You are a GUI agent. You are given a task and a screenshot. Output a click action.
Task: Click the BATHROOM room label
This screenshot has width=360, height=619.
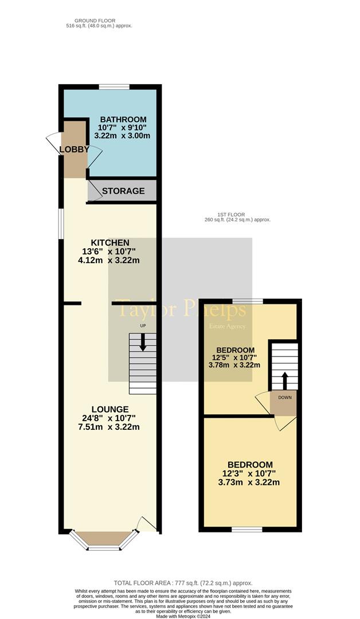(x=123, y=119)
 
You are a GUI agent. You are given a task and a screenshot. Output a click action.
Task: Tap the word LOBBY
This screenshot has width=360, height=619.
(x=74, y=149)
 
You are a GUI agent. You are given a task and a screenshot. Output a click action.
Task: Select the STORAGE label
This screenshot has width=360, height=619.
(x=123, y=191)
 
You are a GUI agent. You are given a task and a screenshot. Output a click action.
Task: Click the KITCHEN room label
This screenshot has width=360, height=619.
(x=110, y=243)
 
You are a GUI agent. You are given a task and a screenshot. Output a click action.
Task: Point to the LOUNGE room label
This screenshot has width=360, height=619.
(x=110, y=409)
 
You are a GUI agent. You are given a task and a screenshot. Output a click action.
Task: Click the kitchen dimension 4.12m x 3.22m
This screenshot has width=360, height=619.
(x=109, y=261)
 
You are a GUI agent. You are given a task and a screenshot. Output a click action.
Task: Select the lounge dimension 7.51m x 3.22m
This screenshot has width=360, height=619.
(x=109, y=427)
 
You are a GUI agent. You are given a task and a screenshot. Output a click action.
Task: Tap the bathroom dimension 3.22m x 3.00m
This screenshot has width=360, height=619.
(x=122, y=136)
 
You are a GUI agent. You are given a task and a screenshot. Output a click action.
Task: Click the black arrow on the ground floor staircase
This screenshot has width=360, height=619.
(x=143, y=342)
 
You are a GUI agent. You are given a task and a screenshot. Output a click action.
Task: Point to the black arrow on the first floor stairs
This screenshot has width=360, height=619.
(x=284, y=381)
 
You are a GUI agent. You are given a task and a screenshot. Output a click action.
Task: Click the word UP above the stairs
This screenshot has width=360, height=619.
(x=143, y=326)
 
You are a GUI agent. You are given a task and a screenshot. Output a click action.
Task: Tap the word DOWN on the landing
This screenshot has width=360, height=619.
(x=285, y=397)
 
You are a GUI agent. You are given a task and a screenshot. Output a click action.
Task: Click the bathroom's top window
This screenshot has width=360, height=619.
(x=114, y=87)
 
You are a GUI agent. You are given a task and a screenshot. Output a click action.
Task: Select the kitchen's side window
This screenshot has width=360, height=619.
(x=61, y=224)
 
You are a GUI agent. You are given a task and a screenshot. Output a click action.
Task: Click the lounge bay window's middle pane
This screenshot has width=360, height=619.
(x=104, y=548)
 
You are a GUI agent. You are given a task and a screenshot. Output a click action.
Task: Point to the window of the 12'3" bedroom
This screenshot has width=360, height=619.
(x=246, y=530)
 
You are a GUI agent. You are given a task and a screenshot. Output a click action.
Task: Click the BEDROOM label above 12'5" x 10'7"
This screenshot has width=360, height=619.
(x=235, y=350)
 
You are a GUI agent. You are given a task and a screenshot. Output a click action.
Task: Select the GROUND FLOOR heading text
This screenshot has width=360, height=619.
(x=95, y=21)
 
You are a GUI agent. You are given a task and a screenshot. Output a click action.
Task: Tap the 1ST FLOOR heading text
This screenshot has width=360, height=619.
(x=230, y=215)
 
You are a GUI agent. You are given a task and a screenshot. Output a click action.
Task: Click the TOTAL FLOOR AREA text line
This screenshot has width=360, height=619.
(x=183, y=583)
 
